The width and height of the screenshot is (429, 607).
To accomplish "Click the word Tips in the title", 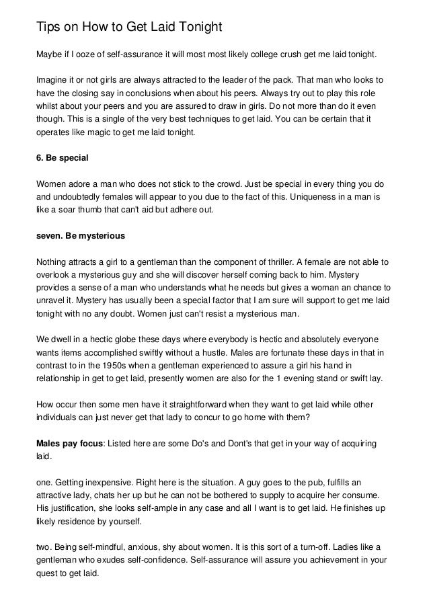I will (47, 28).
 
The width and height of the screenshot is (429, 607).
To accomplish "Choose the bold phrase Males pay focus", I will (67, 444).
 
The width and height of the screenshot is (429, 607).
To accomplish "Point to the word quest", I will (46, 575).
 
